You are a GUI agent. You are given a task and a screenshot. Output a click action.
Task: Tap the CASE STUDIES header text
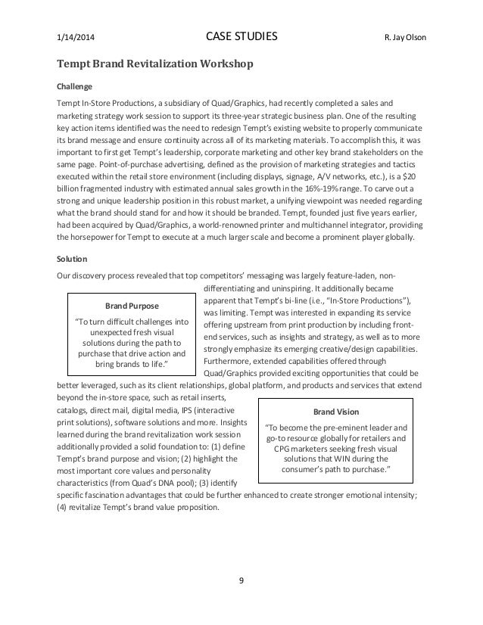click(x=241, y=36)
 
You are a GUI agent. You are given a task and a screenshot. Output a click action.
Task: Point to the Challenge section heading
click(x=74, y=86)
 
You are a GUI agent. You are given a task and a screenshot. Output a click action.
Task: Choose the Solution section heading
click(x=72, y=259)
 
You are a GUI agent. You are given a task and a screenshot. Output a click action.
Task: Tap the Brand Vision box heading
click(x=337, y=412)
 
